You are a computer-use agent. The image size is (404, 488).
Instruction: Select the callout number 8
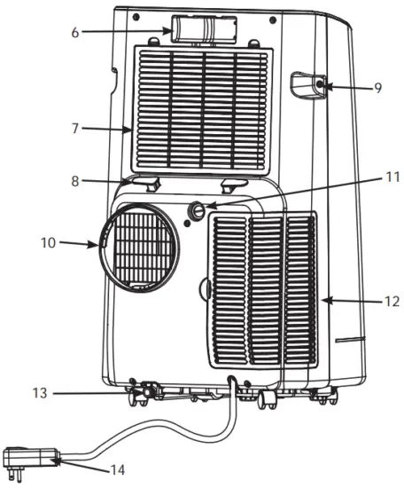pyautogui.click(x=79, y=181)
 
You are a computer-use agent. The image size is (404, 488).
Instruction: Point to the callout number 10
pyautogui.click(x=50, y=240)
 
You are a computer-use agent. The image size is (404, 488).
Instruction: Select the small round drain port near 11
pyautogui.click(x=197, y=211)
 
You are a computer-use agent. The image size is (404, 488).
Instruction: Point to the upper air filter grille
pyautogui.click(x=201, y=108)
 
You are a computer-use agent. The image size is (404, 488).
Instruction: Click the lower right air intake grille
pyautogui.click(x=263, y=288)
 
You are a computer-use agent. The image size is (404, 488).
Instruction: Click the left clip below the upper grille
pyautogui.click(x=149, y=183)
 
